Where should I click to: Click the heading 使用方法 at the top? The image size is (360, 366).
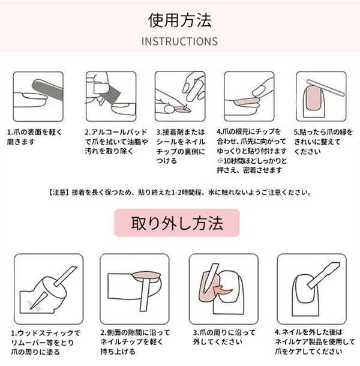180,20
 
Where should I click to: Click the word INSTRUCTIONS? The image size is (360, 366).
179,41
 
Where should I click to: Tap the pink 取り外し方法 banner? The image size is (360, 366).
177,223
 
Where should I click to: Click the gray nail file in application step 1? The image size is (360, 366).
47,91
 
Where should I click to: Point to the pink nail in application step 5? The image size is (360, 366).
313,98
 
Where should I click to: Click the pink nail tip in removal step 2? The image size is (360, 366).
146,275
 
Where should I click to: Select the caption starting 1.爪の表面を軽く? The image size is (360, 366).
35,137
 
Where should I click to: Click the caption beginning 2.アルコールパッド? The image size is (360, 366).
116,142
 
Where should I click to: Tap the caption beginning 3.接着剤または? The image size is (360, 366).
181,146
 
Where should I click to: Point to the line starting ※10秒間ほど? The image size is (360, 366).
251,161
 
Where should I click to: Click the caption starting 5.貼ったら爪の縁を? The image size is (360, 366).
323,142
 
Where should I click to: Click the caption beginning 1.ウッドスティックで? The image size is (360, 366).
46,343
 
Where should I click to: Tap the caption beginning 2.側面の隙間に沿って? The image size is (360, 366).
135,342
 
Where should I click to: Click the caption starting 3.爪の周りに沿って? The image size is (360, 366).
224,337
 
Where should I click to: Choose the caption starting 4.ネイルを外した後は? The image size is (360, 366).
315,341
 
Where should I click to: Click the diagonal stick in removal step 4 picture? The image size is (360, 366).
323,275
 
